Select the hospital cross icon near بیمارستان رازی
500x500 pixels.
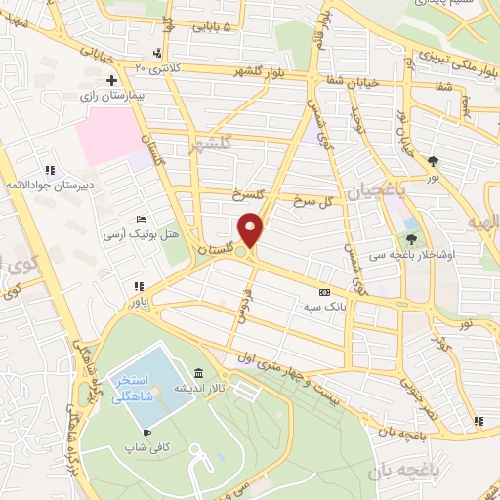pos(111,79)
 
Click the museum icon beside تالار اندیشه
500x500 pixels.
pos(199,374)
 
